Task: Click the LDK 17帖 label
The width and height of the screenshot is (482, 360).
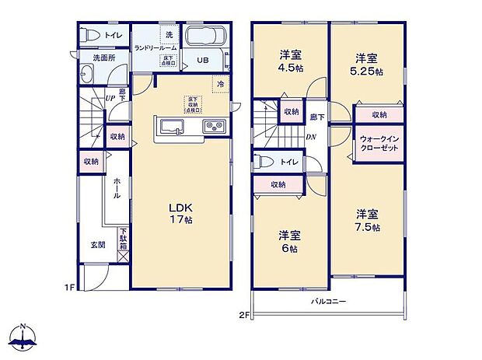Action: point(181,214)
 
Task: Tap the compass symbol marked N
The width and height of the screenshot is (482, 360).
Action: point(25,336)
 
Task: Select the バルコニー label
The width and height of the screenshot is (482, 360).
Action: point(329,301)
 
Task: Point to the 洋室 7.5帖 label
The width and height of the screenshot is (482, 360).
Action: point(368,220)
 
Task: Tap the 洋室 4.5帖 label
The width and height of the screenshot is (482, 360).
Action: point(292,61)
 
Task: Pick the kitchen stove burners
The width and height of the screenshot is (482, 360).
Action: point(214,127)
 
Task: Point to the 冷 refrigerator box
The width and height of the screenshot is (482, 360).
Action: point(221,83)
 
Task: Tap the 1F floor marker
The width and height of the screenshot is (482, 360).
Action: point(69,288)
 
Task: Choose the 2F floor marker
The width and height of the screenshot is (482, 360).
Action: point(243,316)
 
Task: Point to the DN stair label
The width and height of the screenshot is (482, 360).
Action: point(310,138)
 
